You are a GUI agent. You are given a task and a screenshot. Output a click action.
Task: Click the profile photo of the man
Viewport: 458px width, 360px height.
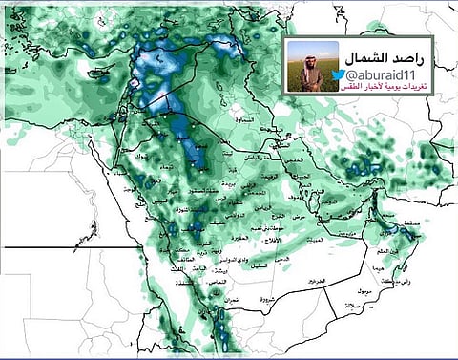click(x=313, y=66)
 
